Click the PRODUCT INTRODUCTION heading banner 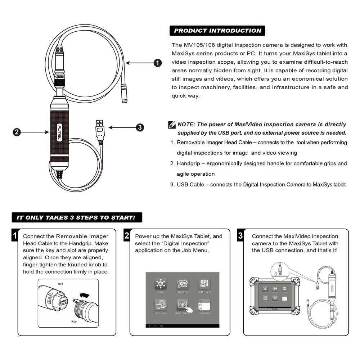(x=217, y=31)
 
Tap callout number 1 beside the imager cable (x=157, y=63)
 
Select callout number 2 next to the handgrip (x=17, y=132)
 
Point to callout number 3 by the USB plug (x=140, y=127)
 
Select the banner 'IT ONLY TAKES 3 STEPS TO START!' (x=76, y=217)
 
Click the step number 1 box (x=15, y=236)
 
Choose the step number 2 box (x=127, y=236)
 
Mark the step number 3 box (x=240, y=236)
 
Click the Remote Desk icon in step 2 (x=160, y=305)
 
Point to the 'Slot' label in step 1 (x=61, y=284)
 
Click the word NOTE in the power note (x=186, y=125)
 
